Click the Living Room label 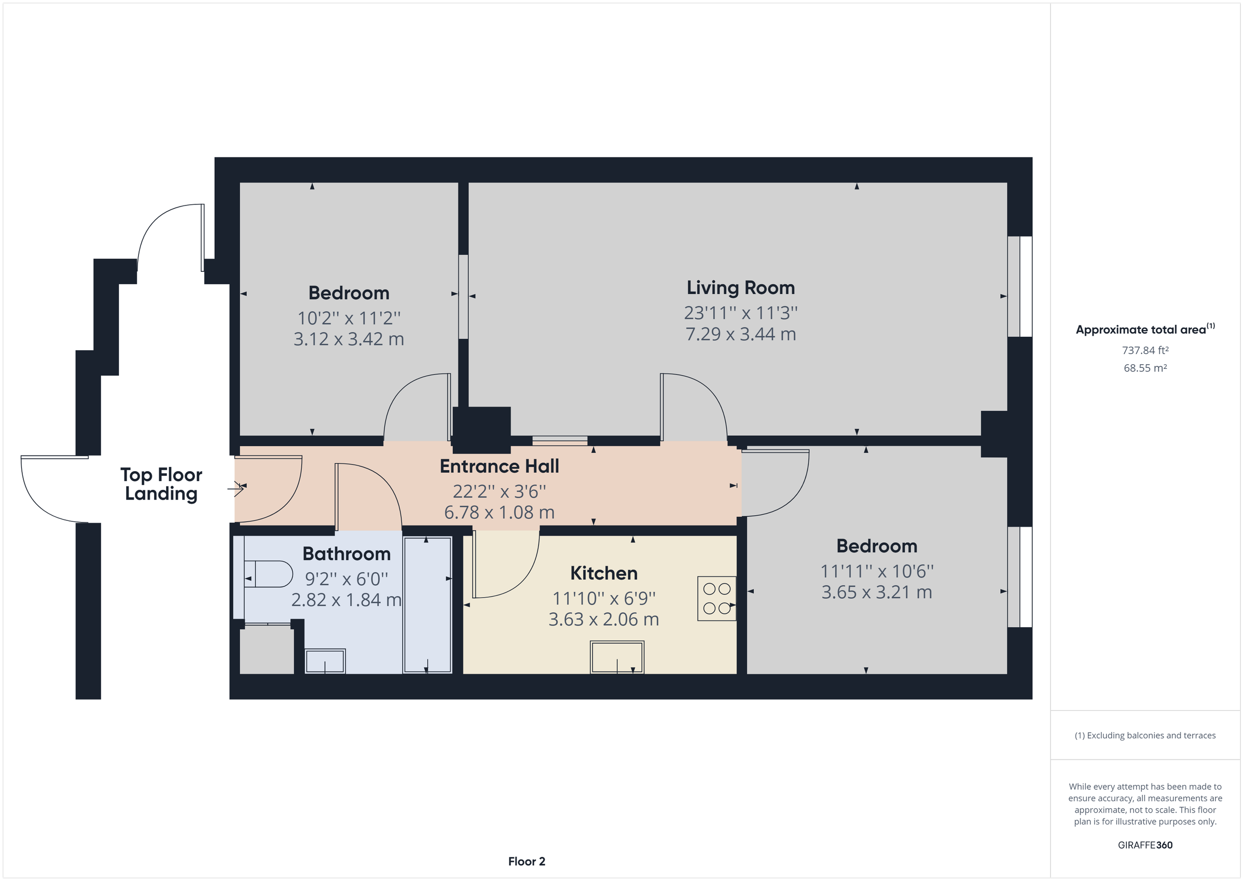tap(740, 287)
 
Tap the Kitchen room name tap(603, 573)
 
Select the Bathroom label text tap(347, 554)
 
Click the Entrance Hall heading tap(499, 466)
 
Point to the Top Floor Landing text tap(161, 484)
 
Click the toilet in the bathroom tap(270, 574)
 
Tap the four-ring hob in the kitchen tap(716, 598)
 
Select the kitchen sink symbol tap(617, 657)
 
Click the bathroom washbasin tap(325, 662)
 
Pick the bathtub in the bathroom tap(427, 605)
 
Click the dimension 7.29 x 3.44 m tap(740, 334)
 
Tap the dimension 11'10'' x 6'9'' tap(603, 598)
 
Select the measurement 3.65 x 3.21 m tap(876, 592)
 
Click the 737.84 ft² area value tap(1145, 350)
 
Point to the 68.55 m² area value tap(1145, 368)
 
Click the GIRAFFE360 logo tap(1145, 845)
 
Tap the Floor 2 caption tap(526, 861)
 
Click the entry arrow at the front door tap(236, 489)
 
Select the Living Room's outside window tap(1019, 286)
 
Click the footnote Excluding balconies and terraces tap(1145, 736)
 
